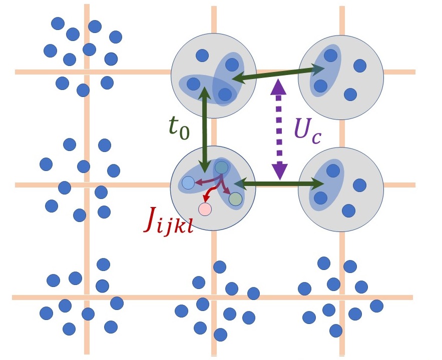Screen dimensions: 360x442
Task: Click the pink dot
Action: click(x=205, y=209)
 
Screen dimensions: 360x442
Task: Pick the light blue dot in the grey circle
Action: click(x=188, y=183)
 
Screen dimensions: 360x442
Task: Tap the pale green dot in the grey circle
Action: click(x=235, y=199)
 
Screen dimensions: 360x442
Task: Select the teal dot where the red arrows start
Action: click(x=221, y=166)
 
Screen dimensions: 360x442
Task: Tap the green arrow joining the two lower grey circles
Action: click(x=283, y=184)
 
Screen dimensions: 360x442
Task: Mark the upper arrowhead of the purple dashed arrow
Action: click(x=279, y=88)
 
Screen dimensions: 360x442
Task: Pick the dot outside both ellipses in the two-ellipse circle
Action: click(x=202, y=55)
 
